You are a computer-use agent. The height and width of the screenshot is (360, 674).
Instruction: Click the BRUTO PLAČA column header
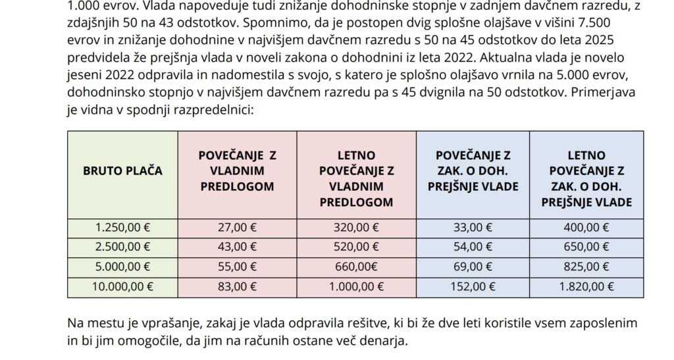(122, 171)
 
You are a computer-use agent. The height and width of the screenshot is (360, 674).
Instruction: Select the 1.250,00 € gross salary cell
(122, 228)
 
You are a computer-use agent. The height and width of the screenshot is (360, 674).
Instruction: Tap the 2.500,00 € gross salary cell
(122, 247)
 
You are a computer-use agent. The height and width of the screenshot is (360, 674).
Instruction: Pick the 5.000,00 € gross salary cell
(122, 267)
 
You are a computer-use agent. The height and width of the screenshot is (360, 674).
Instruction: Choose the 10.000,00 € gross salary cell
(122, 286)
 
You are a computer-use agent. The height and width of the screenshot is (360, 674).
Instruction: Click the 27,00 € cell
(237, 228)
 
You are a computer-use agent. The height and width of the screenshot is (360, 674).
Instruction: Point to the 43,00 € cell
(237, 247)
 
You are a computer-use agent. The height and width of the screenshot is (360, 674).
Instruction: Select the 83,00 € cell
(237, 286)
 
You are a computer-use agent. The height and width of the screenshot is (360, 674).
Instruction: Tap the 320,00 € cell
(356, 228)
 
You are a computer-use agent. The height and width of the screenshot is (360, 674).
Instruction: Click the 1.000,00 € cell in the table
(356, 286)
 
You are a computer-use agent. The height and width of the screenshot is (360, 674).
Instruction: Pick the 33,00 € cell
(473, 228)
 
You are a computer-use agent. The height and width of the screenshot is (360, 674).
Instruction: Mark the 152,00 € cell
(473, 286)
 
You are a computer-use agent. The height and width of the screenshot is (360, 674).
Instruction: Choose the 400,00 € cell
(586, 228)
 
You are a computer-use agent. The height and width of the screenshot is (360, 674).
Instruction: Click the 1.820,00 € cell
(586, 286)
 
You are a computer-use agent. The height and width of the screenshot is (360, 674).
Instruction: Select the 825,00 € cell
(586, 267)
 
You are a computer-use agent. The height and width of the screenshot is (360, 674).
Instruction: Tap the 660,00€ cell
(356, 267)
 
